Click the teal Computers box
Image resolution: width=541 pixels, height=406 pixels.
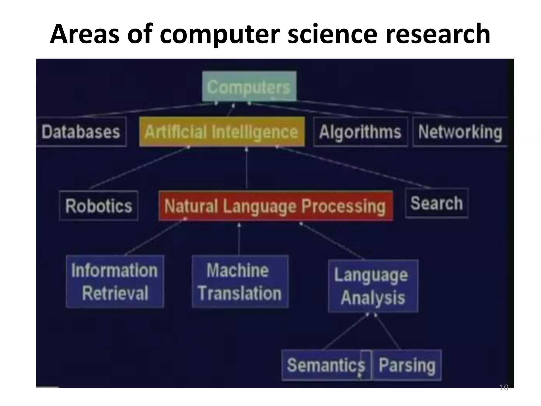click(x=249, y=86)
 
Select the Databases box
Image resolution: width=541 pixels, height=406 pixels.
click(x=81, y=132)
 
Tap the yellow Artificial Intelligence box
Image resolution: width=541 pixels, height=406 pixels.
click(x=222, y=132)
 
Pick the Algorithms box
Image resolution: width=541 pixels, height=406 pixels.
click(x=360, y=132)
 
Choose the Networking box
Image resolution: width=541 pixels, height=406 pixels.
click(x=460, y=132)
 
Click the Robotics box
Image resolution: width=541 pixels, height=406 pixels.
click(x=99, y=206)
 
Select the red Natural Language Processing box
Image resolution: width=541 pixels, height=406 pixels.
click(x=275, y=206)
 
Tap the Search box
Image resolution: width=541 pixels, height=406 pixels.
click(x=436, y=203)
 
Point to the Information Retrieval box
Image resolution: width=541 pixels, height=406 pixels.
click(x=115, y=282)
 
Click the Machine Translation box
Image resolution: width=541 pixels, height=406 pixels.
click(x=240, y=282)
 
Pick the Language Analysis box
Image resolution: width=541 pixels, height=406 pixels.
click(x=373, y=286)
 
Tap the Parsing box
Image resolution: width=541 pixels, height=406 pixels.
click(x=407, y=365)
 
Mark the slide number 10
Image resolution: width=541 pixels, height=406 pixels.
click(x=504, y=387)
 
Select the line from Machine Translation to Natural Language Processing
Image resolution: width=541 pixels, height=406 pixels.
click(x=239, y=239)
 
